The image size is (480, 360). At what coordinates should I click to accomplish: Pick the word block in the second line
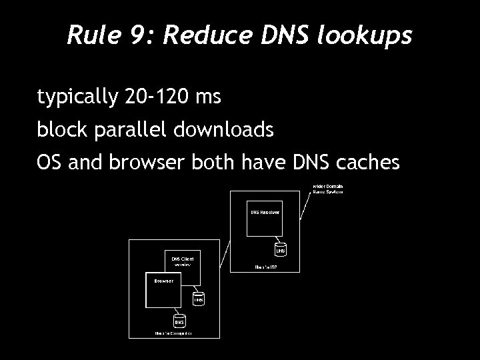click(x=57, y=130)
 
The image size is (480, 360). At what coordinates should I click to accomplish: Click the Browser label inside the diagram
click(x=164, y=281)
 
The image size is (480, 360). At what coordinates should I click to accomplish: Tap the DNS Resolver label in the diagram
click(x=265, y=211)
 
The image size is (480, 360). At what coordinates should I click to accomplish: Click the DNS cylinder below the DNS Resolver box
click(x=281, y=251)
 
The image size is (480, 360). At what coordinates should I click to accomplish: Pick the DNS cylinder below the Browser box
click(x=179, y=321)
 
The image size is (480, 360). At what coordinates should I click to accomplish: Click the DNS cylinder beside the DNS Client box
click(x=198, y=299)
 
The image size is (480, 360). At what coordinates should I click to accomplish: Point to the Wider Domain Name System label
click(x=328, y=188)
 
